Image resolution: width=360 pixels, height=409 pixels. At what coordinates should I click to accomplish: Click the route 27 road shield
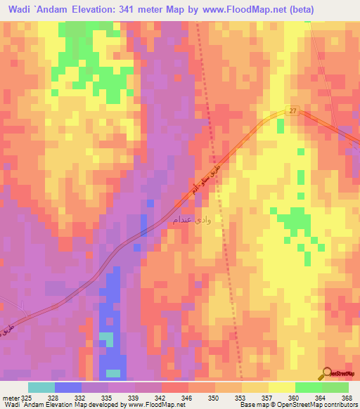pyautogui.click(x=292, y=111)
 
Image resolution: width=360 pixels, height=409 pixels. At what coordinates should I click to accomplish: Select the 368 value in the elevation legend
pyautogui.click(x=346, y=397)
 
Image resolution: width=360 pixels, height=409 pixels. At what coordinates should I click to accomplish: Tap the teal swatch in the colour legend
pyautogui.click(x=41, y=387)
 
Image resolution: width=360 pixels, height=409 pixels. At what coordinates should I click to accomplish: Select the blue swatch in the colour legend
pyautogui.click(x=68, y=387)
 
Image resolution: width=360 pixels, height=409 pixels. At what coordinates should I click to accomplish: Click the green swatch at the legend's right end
pyautogui.click(x=335, y=387)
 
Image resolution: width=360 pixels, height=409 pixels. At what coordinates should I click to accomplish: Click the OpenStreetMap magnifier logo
pyautogui.click(x=327, y=372)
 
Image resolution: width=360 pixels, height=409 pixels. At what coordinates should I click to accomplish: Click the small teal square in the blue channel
pyautogui.click(x=106, y=339)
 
